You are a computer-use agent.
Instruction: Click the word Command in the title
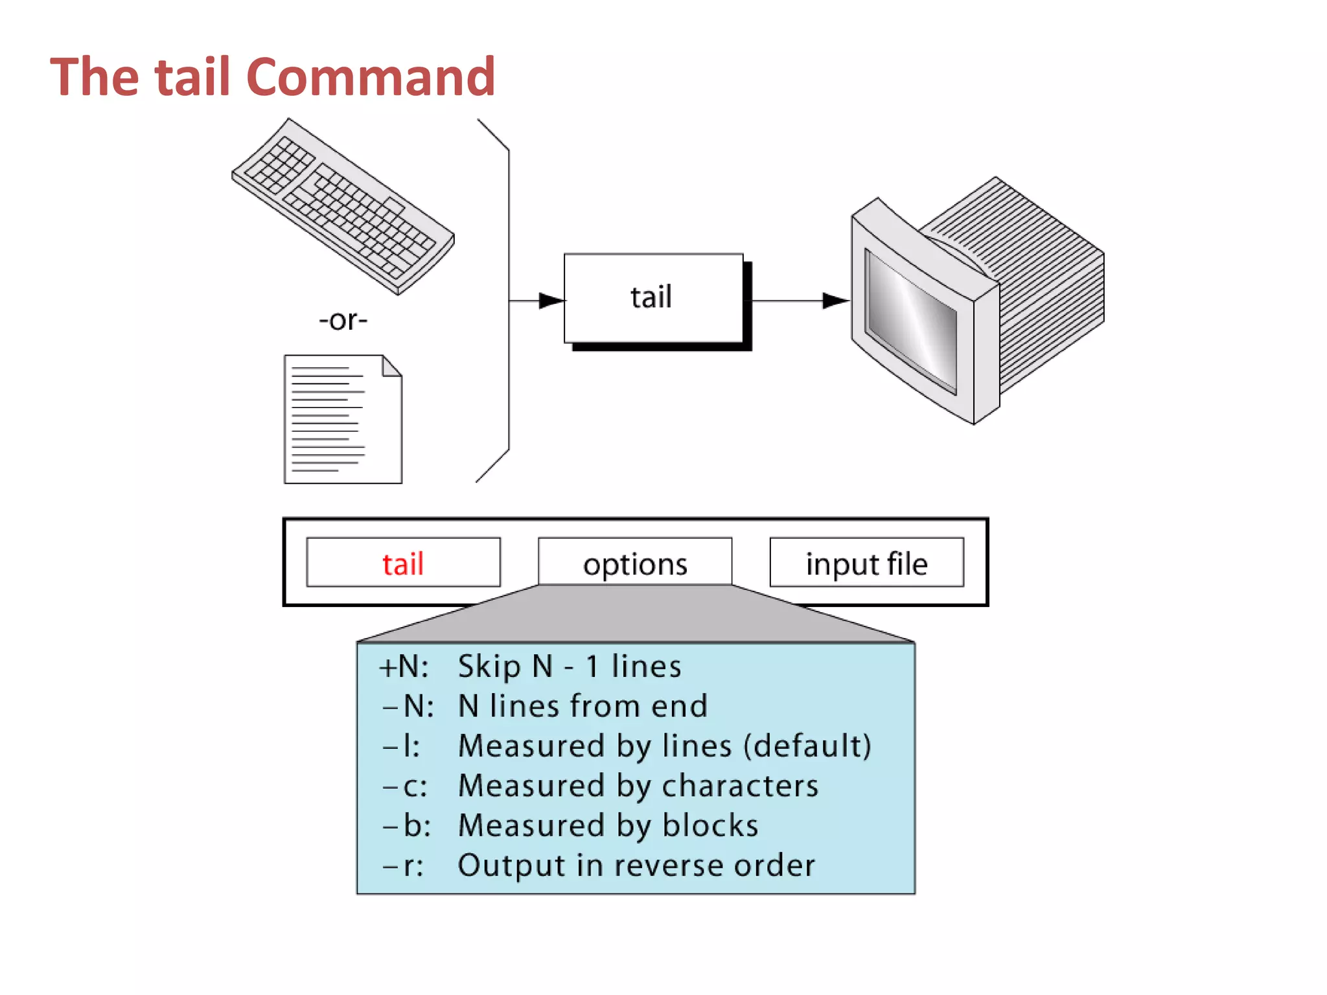371,78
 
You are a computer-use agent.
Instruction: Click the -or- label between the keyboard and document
343,320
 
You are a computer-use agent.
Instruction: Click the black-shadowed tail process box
653,298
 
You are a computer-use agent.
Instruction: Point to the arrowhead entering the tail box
551,301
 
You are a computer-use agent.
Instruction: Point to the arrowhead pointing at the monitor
835,301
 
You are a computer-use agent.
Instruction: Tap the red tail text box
403,563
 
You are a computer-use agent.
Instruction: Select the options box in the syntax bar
635,563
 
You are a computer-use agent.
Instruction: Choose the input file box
866,563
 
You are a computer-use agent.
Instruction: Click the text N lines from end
583,706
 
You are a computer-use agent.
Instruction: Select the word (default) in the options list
807,746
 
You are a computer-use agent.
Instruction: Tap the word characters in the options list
740,786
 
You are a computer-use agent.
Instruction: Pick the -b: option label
407,826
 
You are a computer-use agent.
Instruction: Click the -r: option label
404,866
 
